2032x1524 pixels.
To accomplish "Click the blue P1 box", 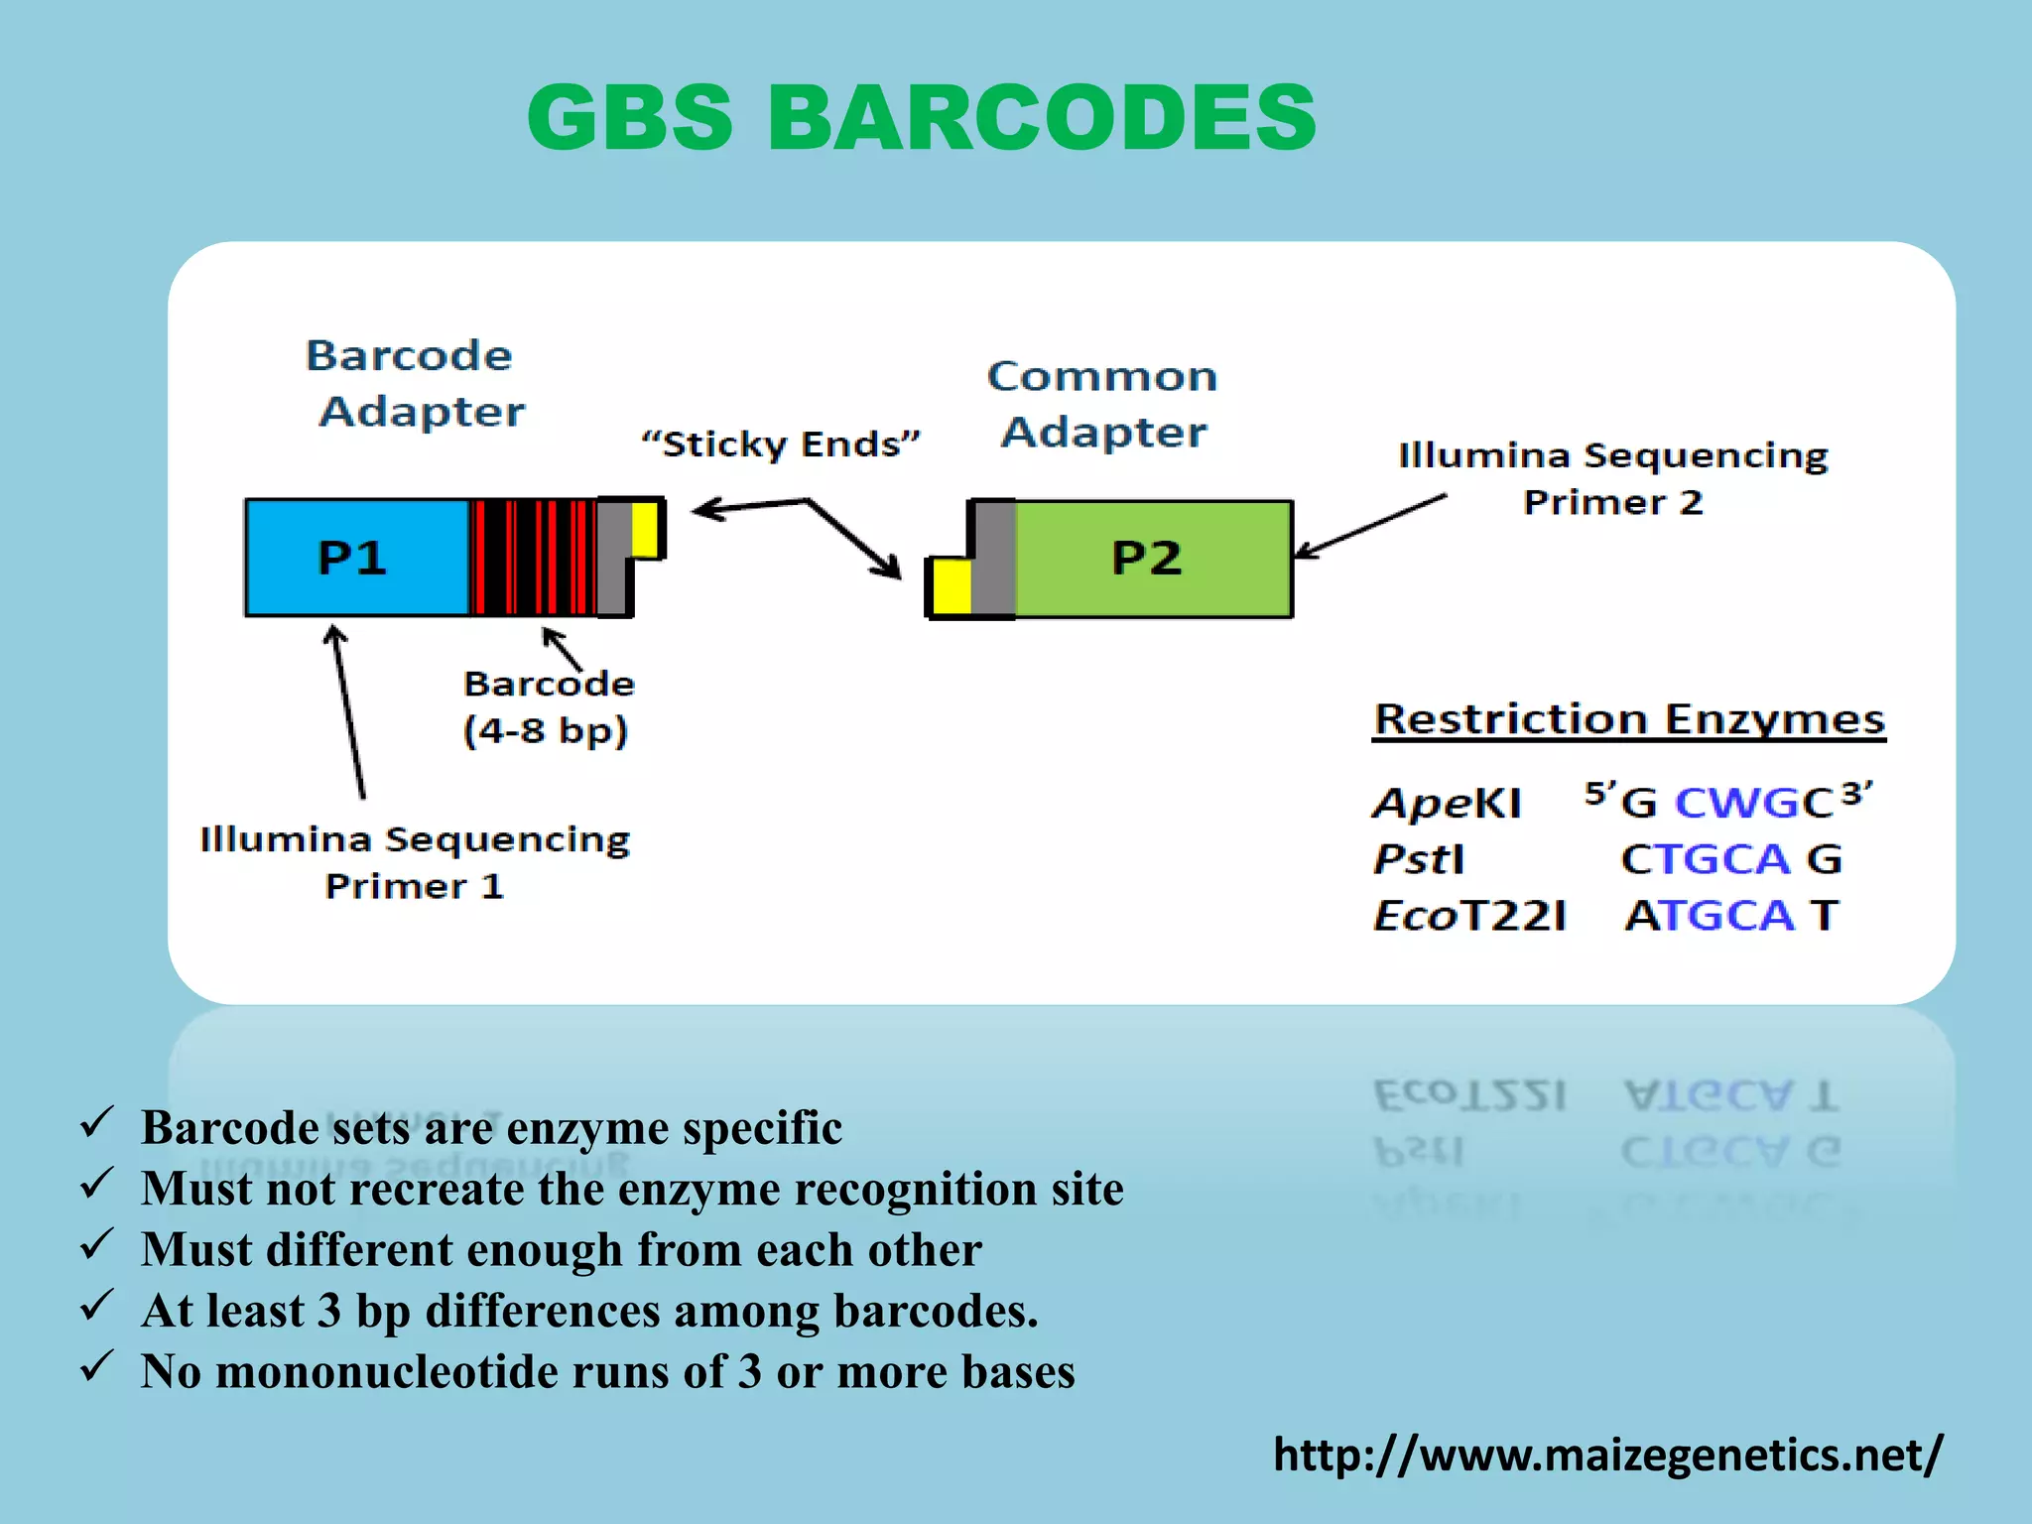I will pyautogui.click(x=355, y=557).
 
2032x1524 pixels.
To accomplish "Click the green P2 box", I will pyautogui.click(x=1151, y=559).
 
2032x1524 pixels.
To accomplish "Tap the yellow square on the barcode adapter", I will pyautogui.click(x=645, y=530).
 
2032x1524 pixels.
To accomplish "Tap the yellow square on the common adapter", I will pyautogui.click(x=951, y=586).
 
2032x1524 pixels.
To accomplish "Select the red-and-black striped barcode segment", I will pyautogui.click(x=533, y=557).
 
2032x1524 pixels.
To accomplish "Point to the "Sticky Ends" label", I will pyautogui.click(x=781, y=444).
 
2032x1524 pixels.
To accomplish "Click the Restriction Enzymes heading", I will pyautogui.click(x=1628, y=718).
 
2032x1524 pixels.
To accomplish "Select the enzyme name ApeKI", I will pyautogui.click(x=1446, y=803).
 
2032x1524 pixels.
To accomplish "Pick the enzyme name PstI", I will pyautogui.click(x=1419, y=859).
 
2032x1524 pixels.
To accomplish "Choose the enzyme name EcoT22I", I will pyautogui.click(x=1468, y=915).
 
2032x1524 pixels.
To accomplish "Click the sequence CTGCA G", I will pyautogui.click(x=1730, y=859).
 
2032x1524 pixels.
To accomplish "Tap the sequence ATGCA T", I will pyautogui.click(x=1731, y=915).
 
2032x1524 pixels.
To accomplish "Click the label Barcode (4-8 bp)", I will pyautogui.click(x=547, y=707).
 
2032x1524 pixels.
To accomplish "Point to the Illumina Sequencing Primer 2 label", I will pyautogui.click(x=1612, y=478).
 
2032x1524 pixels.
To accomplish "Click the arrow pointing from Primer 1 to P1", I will pyautogui.click(x=348, y=710).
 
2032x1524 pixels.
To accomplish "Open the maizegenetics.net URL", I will pyautogui.click(x=1607, y=1455).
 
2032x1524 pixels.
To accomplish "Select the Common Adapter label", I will pyautogui.click(x=1102, y=404).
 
